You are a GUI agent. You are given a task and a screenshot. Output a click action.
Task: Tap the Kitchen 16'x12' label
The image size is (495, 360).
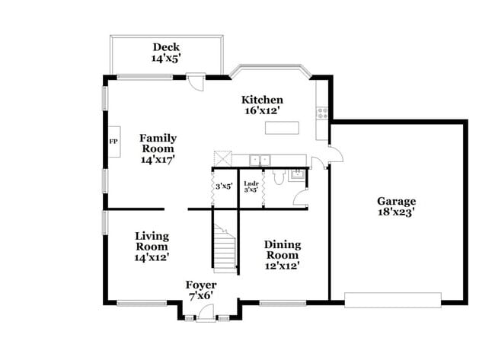tap(262, 105)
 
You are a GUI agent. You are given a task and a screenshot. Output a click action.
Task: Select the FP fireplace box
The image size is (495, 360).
tap(113, 142)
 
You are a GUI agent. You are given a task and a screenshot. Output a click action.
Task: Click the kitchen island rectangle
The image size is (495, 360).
tap(281, 127)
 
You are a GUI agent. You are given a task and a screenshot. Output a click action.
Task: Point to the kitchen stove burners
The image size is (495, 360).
tap(322, 113)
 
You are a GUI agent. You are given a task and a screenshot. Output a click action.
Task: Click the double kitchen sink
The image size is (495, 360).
tap(261, 160)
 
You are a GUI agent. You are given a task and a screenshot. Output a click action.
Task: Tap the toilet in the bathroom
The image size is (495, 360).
tap(279, 177)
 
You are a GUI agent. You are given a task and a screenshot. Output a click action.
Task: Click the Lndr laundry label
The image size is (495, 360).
tap(251, 186)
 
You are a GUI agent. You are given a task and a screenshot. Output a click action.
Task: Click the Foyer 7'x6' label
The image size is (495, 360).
tap(200, 290)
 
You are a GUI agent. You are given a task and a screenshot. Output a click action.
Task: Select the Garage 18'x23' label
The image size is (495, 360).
tap(396, 207)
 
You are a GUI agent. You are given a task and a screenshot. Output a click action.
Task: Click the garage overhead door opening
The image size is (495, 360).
tap(392, 299)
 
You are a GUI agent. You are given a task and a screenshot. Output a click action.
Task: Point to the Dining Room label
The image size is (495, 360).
tap(282, 255)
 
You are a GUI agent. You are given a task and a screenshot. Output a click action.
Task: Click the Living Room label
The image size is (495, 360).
tap(152, 247)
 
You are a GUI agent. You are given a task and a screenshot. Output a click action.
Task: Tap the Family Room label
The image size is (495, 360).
tap(158, 148)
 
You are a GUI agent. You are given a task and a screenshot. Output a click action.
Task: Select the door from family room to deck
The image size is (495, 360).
tap(196, 80)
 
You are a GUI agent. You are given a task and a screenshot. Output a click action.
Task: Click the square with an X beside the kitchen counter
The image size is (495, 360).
tap(222, 158)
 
